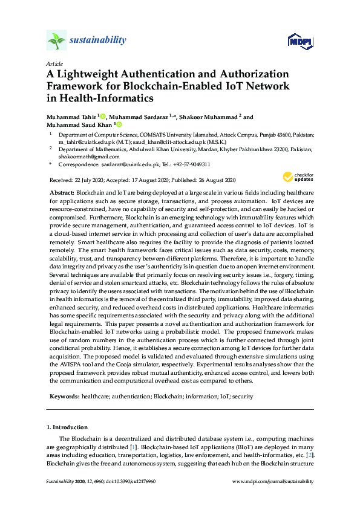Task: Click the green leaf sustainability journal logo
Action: point(56,41)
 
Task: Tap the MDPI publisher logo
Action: point(300,41)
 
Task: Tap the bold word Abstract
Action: point(62,192)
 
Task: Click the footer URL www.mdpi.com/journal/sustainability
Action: point(273,481)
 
